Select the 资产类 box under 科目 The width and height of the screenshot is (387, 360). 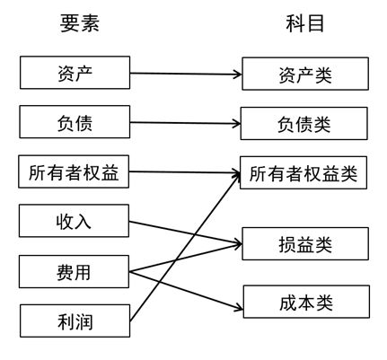point(303,75)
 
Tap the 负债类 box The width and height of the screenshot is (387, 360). point(303,124)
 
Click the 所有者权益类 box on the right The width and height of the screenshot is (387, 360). point(303,172)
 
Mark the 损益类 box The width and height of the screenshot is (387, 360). point(303,243)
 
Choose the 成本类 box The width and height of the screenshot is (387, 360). point(303,303)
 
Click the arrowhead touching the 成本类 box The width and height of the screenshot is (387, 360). point(238,309)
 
